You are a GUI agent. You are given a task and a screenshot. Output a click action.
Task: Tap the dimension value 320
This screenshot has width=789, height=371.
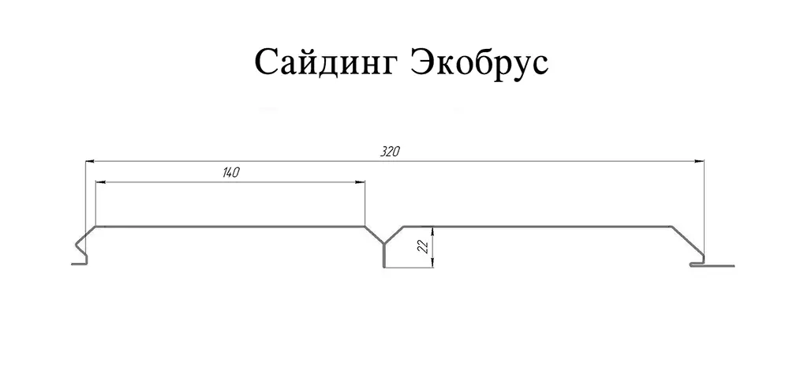pyautogui.click(x=390, y=152)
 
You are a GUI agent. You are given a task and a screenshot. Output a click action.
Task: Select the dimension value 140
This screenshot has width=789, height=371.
pyautogui.click(x=230, y=173)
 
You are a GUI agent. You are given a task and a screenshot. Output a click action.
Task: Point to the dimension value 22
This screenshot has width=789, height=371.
pyautogui.click(x=423, y=246)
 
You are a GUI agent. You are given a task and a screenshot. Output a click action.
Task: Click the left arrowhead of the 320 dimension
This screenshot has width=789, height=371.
pyautogui.click(x=90, y=161)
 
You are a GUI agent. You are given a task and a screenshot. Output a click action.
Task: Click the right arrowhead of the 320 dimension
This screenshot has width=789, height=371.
pyautogui.click(x=699, y=161)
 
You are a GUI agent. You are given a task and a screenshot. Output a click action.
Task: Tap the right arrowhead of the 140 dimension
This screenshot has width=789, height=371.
pyautogui.click(x=359, y=182)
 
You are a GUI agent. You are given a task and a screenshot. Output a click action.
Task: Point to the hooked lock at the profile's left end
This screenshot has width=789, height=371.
pyautogui.click(x=80, y=249)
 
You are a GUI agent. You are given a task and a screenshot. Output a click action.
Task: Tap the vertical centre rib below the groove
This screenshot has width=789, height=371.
pyautogui.click(x=384, y=256)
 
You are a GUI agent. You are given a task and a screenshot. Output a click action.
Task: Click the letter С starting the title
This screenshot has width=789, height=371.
pyautogui.click(x=266, y=63)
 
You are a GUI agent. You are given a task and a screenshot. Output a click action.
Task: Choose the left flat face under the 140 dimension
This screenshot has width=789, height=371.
pyautogui.click(x=230, y=227)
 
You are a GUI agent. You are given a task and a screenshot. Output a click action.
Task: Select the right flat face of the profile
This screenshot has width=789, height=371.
pyautogui.click(x=537, y=227)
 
